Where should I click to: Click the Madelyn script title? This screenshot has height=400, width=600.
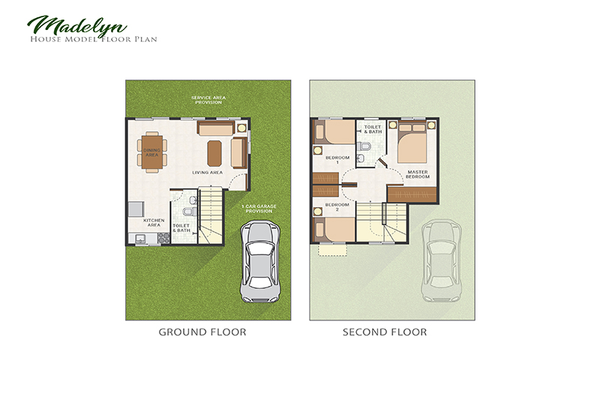click(x=64, y=25)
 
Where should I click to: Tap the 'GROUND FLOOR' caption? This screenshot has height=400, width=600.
click(x=202, y=331)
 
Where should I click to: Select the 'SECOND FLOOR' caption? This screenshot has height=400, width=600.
click(x=385, y=331)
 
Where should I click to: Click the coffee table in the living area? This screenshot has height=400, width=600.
click(x=214, y=152)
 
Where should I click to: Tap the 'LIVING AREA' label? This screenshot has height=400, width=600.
click(x=207, y=173)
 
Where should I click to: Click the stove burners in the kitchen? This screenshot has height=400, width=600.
click(x=162, y=237)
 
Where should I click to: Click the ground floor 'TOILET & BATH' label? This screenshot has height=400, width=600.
click(x=181, y=227)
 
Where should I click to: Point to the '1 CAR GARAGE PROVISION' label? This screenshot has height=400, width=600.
click(x=256, y=209)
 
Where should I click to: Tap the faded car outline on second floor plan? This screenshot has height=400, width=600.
click(x=440, y=263)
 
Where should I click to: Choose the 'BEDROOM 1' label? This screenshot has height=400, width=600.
click(x=332, y=159)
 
